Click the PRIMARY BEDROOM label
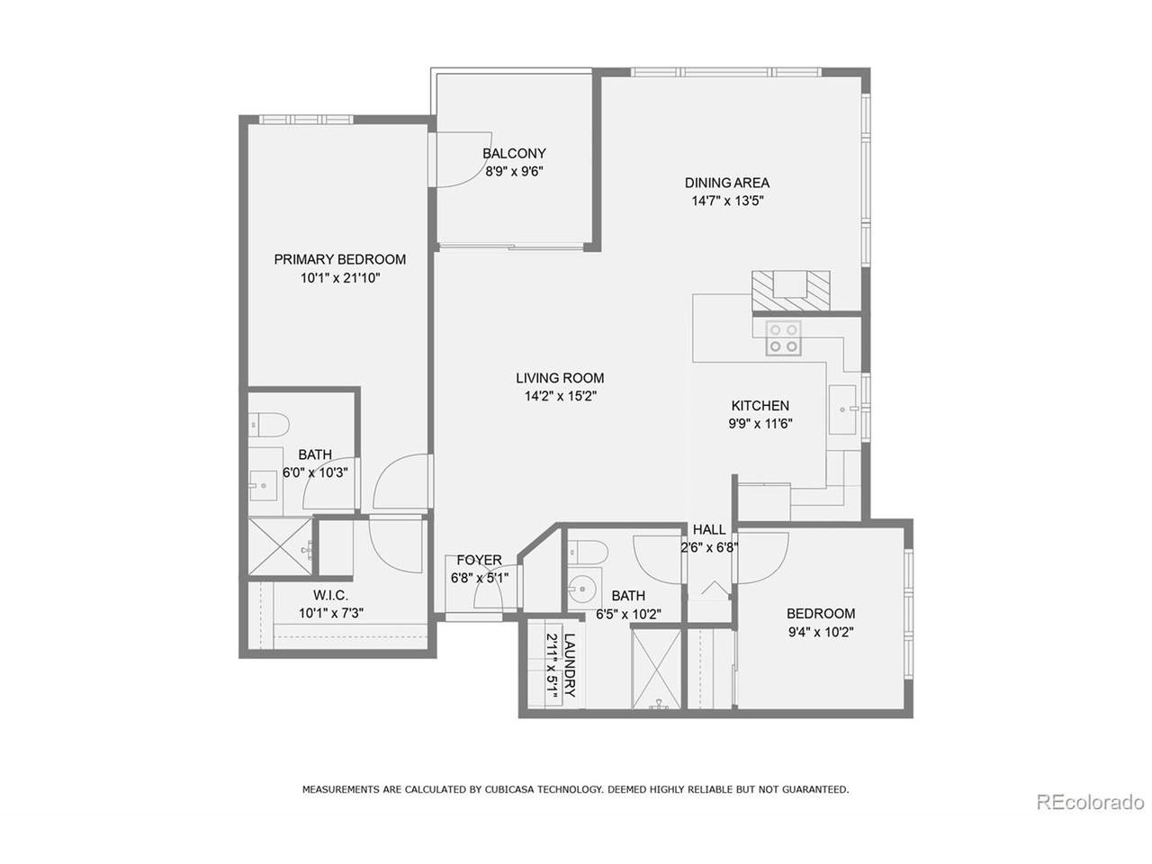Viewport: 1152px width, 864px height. pyautogui.click(x=339, y=259)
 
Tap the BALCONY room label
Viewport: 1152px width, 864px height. pyautogui.click(x=514, y=153)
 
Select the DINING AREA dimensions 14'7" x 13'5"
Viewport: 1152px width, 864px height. pyautogui.click(x=727, y=201)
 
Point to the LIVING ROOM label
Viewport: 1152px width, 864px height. pyautogui.click(x=560, y=378)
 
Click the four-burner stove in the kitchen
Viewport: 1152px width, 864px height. pyautogui.click(x=783, y=338)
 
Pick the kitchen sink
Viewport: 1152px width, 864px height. pyautogui.click(x=842, y=409)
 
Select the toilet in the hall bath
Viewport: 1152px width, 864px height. pyautogui.click(x=588, y=552)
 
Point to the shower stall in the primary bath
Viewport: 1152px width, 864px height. pyautogui.click(x=280, y=545)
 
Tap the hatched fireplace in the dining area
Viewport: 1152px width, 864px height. pyautogui.click(x=791, y=290)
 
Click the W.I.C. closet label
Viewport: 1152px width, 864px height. pyautogui.click(x=330, y=596)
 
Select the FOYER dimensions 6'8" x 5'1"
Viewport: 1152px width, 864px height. pyautogui.click(x=479, y=578)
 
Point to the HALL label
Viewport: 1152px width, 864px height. pyautogui.click(x=709, y=529)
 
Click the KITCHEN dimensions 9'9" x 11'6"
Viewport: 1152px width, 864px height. pyautogui.click(x=760, y=423)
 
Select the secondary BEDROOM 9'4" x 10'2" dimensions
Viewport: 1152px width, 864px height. pyautogui.click(x=821, y=632)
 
